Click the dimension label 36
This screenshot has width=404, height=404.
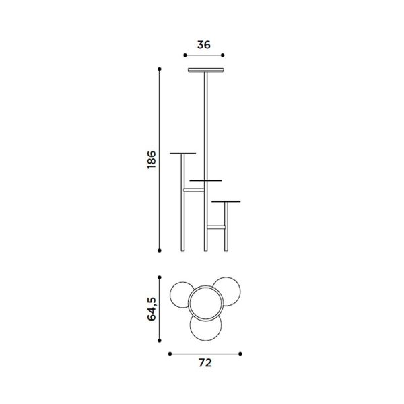pyautogui.click(x=204, y=45)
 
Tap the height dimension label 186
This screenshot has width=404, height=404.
pyautogui.click(x=151, y=160)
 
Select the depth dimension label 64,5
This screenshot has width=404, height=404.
pyautogui.click(x=151, y=308)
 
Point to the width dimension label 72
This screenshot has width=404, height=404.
pyautogui.click(x=205, y=362)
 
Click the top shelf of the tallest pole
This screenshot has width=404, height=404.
pyautogui.click(x=205, y=70)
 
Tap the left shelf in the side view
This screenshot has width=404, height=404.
pyautogui.click(x=182, y=154)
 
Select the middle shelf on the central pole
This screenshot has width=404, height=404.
pyautogui.click(x=205, y=180)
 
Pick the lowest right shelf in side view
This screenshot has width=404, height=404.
pyautogui.click(x=226, y=201)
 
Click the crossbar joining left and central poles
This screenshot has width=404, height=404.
pyautogui.click(x=194, y=190)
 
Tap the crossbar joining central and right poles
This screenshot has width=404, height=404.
pyautogui.click(x=216, y=227)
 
